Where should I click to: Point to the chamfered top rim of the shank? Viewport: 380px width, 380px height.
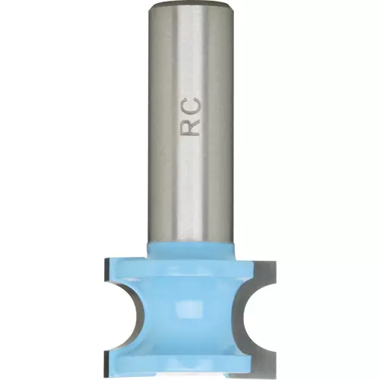click(x=190, y=4)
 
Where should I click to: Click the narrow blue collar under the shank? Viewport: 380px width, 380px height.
click(x=191, y=250)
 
